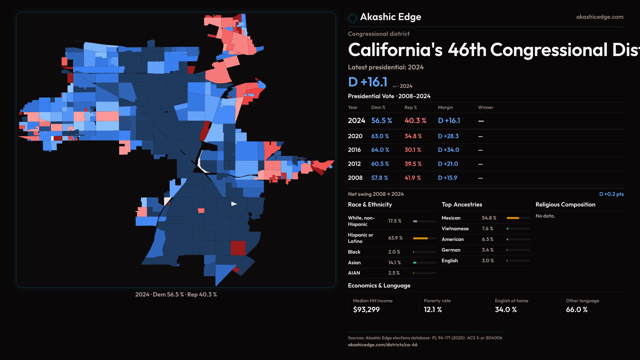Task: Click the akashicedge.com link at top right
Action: coord(599,17)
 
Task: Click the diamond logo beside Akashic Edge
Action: coord(352,18)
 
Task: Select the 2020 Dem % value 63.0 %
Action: coord(380,136)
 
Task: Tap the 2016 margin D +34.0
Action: coord(448,150)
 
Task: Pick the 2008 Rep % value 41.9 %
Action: coord(413,178)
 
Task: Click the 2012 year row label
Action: coord(355,164)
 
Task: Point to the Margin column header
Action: coord(445,107)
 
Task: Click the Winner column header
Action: coord(485,107)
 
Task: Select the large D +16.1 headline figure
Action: coord(368,82)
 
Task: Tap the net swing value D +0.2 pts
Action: coord(611,194)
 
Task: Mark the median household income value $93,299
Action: coord(366,310)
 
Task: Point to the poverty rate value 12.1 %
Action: coord(433,310)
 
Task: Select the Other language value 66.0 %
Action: coord(576,310)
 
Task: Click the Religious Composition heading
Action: coord(565,205)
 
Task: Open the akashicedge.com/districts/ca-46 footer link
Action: coord(382,345)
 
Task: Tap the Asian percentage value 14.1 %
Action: coord(394,263)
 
